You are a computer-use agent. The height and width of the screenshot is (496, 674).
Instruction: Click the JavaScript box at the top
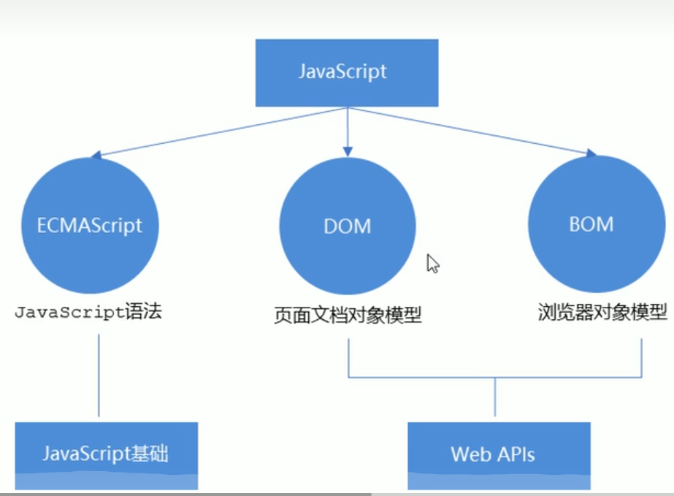click(346, 72)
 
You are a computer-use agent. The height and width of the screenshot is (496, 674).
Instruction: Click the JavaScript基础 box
click(106, 454)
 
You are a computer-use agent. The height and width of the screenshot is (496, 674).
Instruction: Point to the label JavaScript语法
click(88, 313)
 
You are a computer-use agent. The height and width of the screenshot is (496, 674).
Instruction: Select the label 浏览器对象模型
click(602, 313)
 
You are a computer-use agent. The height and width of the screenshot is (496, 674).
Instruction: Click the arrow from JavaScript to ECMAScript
click(219, 132)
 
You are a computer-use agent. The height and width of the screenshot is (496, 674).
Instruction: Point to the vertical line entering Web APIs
click(495, 398)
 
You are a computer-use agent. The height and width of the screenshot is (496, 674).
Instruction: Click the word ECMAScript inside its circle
click(89, 225)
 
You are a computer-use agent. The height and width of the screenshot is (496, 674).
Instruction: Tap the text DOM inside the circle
click(348, 226)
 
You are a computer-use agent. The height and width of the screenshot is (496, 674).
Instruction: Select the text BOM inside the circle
click(591, 224)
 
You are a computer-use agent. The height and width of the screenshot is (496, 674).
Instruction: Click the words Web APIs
click(493, 454)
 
